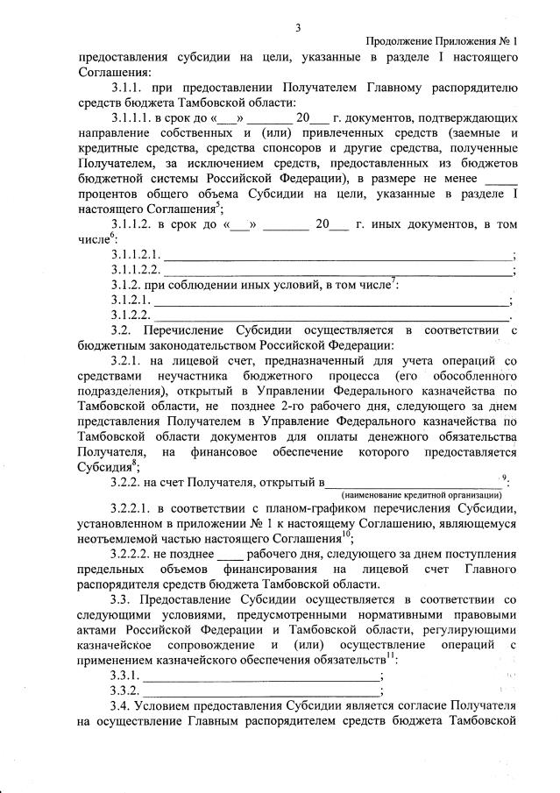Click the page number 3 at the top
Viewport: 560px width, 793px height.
coord(298,27)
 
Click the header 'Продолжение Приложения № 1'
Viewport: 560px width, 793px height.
coord(441,41)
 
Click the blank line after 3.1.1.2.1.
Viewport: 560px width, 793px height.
coord(338,255)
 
